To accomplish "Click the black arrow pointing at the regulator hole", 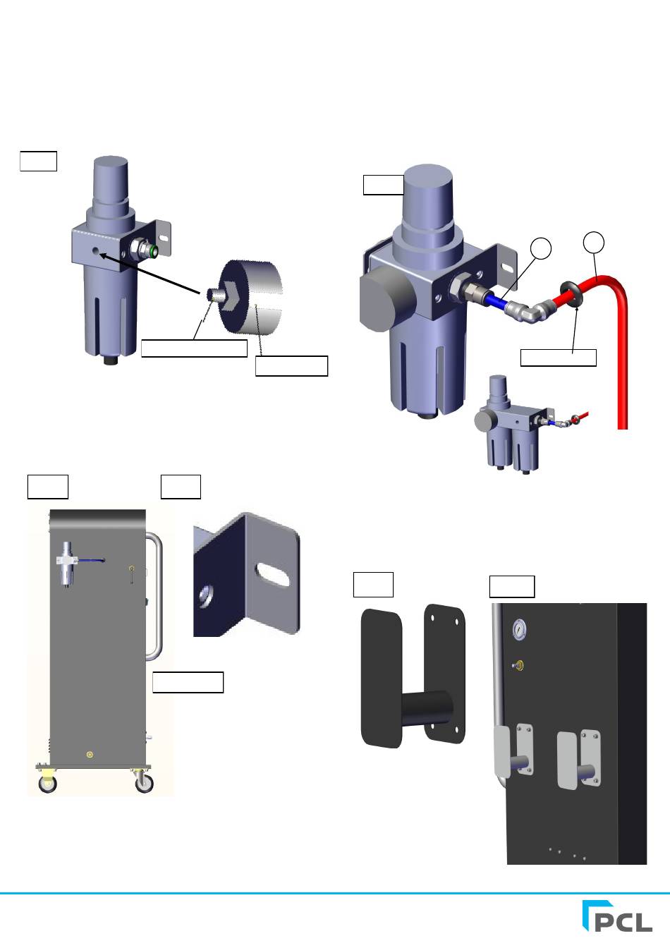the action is pyautogui.click(x=150, y=274).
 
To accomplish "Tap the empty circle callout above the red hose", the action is pyautogui.click(x=593, y=242).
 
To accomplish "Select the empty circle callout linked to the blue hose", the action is pyautogui.click(x=541, y=248).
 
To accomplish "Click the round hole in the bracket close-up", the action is pyautogui.click(x=205, y=596).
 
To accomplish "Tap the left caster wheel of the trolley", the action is pyautogui.click(x=47, y=784).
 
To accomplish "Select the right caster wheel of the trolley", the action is pyautogui.click(x=144, y=784).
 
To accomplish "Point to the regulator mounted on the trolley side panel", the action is pyautogui.click(x=66, y=563).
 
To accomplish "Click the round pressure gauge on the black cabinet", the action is pyautogui.click(x=519, y=629).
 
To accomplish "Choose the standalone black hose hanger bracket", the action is pyautogui.click(x=413, y=676).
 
